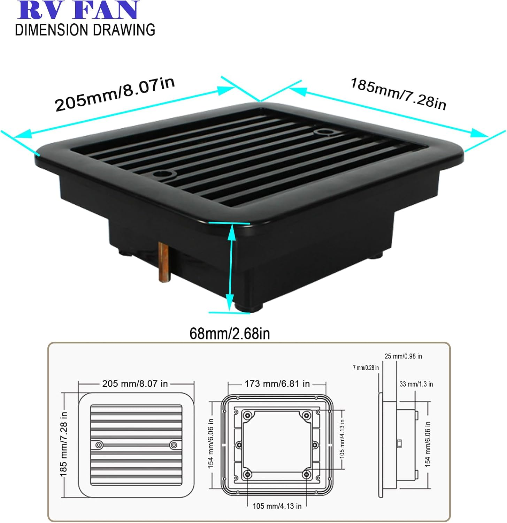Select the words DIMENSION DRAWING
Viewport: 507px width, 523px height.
point(85,30)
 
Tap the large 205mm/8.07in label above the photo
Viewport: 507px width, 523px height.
point(115,94)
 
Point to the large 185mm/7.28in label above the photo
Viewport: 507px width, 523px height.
point(398,94)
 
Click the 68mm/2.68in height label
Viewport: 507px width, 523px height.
point(230,334)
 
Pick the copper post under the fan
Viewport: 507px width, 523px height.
point(163,262)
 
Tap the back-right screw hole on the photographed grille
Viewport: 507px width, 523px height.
point(323,132)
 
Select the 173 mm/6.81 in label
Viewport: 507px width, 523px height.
point(277,384)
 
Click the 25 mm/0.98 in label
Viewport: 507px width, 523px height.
point(403,356)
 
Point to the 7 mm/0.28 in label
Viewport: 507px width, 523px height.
point(366,368)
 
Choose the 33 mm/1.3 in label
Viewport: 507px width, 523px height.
point(416,384)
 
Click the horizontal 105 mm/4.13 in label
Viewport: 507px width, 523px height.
point(277,506)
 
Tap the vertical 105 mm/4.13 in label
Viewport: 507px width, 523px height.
point(342,438)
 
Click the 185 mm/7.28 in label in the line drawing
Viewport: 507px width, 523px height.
point(63,444)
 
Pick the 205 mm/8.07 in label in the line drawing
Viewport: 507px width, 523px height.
point(135,384)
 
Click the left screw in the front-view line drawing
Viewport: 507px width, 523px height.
point(99,445)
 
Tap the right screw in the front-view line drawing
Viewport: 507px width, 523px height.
point(173,445)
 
